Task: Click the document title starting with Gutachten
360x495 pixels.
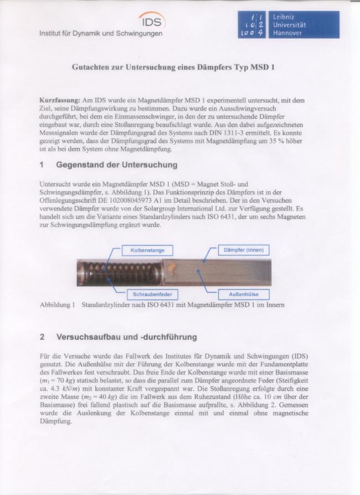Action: (x=173, y=68)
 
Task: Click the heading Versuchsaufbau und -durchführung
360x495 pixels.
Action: (x=126, y=336)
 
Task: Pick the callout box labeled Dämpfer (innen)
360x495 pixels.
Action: (x=243, y=250)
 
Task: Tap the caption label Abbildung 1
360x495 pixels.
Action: (x=57, y=304)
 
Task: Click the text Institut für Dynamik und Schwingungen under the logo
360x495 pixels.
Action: (x=101, y=34)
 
